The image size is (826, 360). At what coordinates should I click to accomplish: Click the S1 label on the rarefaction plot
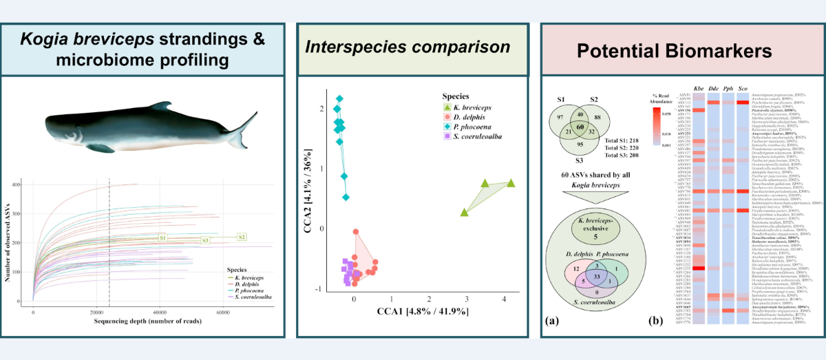163,237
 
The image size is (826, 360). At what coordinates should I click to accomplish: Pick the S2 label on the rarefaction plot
242,237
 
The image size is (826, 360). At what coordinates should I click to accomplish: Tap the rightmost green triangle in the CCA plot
511,182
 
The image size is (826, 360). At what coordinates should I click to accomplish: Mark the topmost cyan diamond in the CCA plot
339,99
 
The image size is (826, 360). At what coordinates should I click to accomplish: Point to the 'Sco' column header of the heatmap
742,89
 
